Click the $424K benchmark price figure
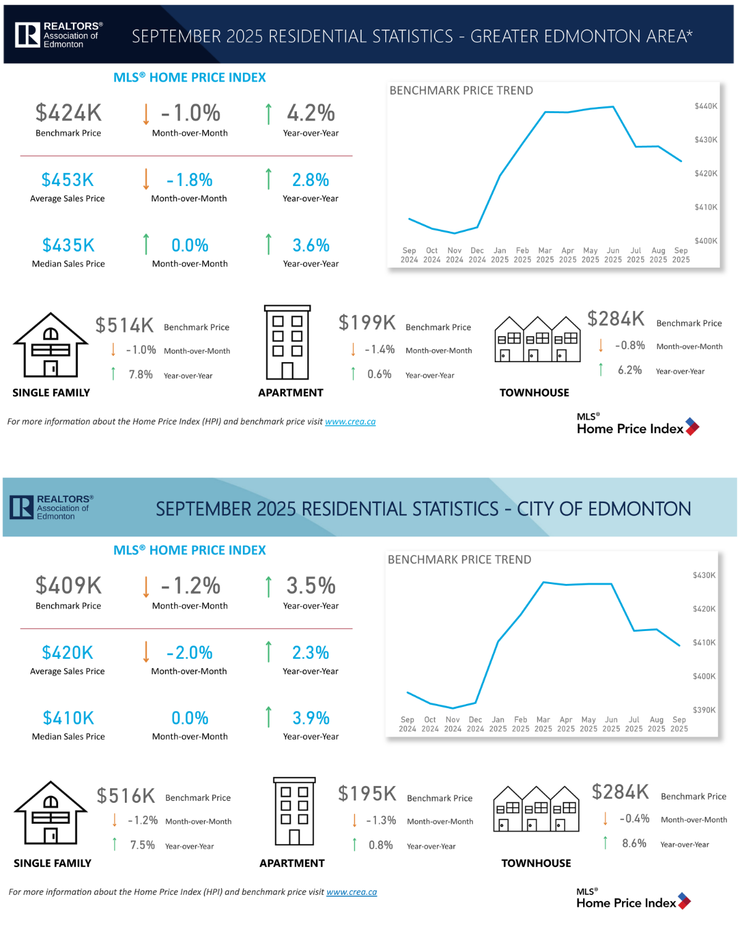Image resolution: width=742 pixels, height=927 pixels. pyautogui.click(x=68, y=113)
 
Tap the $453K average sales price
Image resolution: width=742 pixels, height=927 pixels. pyautogui.click(x=67, y=180)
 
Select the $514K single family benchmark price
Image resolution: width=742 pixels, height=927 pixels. pyautogui.click(x=124, y=325)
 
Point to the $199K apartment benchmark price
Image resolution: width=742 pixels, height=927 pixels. pyautogui.click(x=367, y=323)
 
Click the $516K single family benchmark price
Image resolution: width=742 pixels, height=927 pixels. pyautogui.click(x=126, y=796)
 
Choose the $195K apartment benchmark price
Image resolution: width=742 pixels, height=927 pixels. pyautogui.click(x=367, y=794)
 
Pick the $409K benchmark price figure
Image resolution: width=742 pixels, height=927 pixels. pyautogui.click(x=68, y=585)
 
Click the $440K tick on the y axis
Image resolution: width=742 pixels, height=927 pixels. pyautogui.click(x=706, y=106)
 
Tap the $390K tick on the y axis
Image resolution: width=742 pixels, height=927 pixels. pyautogui.click(x=704, y=710)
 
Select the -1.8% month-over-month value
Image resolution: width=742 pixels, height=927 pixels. pyautogui.click(x=190, y=180)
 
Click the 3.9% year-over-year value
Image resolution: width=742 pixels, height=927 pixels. pyautogui.click(x=311, y=718)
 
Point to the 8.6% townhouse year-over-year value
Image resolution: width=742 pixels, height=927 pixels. pyautogui.click(x=634, y=844)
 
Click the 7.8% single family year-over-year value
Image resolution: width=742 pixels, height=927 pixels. pyautogui.click(x=140, y=375)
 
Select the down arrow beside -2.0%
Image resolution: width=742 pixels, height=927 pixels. pyautogui.click(x=147, y=651)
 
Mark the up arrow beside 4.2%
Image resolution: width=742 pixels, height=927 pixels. pyautogui.click(x=268, y=114)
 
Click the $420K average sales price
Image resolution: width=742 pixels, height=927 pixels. pyautogui.click(x=67, y=653)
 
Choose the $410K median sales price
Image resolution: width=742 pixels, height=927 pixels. pyautogui.click(x=68, y=718)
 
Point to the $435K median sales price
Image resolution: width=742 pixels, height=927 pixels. pyautogui.click(x=68, y=245)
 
